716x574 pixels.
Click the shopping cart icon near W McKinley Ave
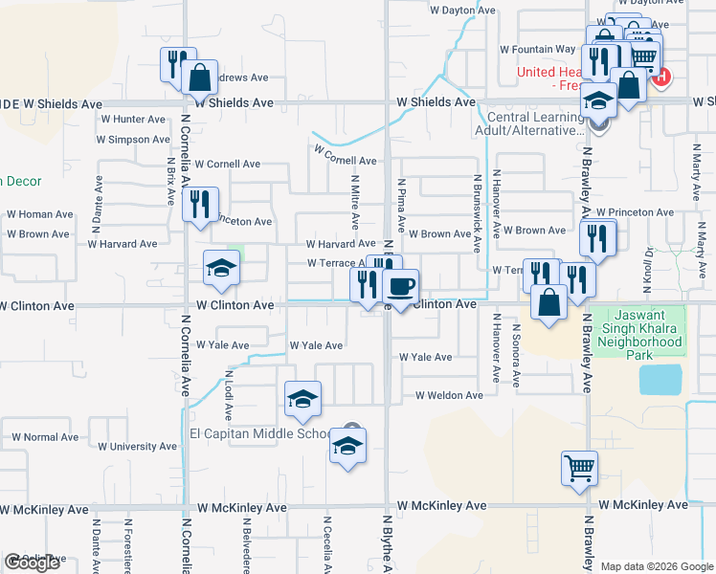(579, 468)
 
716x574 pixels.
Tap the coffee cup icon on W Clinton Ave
(400, 285)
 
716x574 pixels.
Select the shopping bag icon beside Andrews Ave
(201, 76)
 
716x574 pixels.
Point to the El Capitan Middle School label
(260, 433)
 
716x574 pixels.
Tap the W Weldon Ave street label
(449, 395)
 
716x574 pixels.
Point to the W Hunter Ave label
(132, 120)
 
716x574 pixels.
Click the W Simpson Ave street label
(133, 140)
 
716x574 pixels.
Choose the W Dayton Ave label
(462, 11)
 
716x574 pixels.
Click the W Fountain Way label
(538, 49)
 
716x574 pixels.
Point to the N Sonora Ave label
(516, 355)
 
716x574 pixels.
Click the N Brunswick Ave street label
(476, 213)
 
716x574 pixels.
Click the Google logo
(33, 563)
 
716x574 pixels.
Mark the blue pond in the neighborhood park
(660, 380)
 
